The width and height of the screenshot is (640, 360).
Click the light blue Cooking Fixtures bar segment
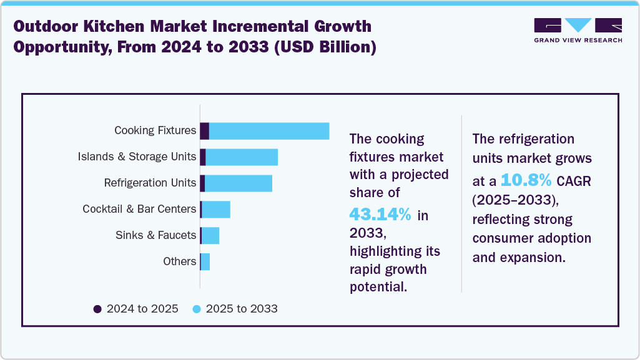click(268, 131)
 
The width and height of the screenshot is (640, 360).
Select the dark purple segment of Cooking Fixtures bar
click(204, 131)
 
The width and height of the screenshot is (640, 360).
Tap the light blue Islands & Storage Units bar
click(242, 157)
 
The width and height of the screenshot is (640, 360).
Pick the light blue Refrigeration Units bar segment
click(239, 183)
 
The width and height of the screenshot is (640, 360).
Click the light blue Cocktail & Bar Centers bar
click(216, 210)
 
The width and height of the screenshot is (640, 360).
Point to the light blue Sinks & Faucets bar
click(210, 236)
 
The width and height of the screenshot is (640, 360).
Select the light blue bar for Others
click(205, 262)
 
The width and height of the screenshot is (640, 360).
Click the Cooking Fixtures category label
click(155, 131)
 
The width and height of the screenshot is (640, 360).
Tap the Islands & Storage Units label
click(137, 157)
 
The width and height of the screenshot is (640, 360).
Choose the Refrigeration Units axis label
click(150, 183)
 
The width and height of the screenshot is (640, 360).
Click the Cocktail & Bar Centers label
click(139, 210)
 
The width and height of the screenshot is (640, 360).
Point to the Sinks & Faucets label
click(155, 236)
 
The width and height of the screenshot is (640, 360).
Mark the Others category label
click(179, 262)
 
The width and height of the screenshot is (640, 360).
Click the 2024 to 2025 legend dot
click(97, 309)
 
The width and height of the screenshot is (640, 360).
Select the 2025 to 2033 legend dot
click(197, 309)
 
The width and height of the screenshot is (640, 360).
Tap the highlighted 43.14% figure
click(380, 215)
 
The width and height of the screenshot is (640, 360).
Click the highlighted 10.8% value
click(526, 181)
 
